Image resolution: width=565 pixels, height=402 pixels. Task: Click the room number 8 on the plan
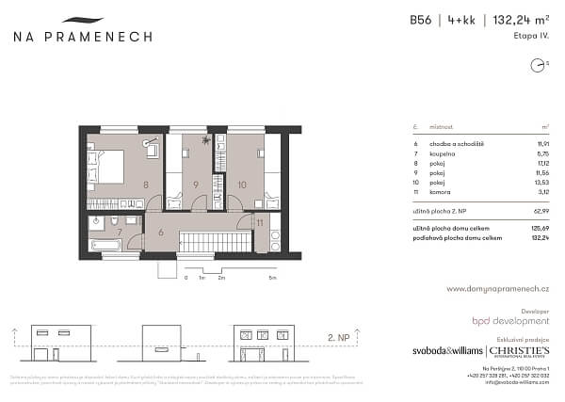[146, 185]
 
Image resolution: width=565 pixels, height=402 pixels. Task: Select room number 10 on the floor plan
[242, 185]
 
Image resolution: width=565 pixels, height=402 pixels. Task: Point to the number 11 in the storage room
[258, 223]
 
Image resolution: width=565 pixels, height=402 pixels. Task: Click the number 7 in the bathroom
[120, 231]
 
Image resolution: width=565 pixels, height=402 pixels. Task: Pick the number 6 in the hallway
[161, 231]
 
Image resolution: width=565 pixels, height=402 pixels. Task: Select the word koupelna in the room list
[443, 153]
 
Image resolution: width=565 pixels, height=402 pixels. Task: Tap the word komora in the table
[441, 191]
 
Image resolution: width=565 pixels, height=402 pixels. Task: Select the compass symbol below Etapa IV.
[538, 66]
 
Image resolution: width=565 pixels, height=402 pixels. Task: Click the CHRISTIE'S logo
[519, 351]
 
